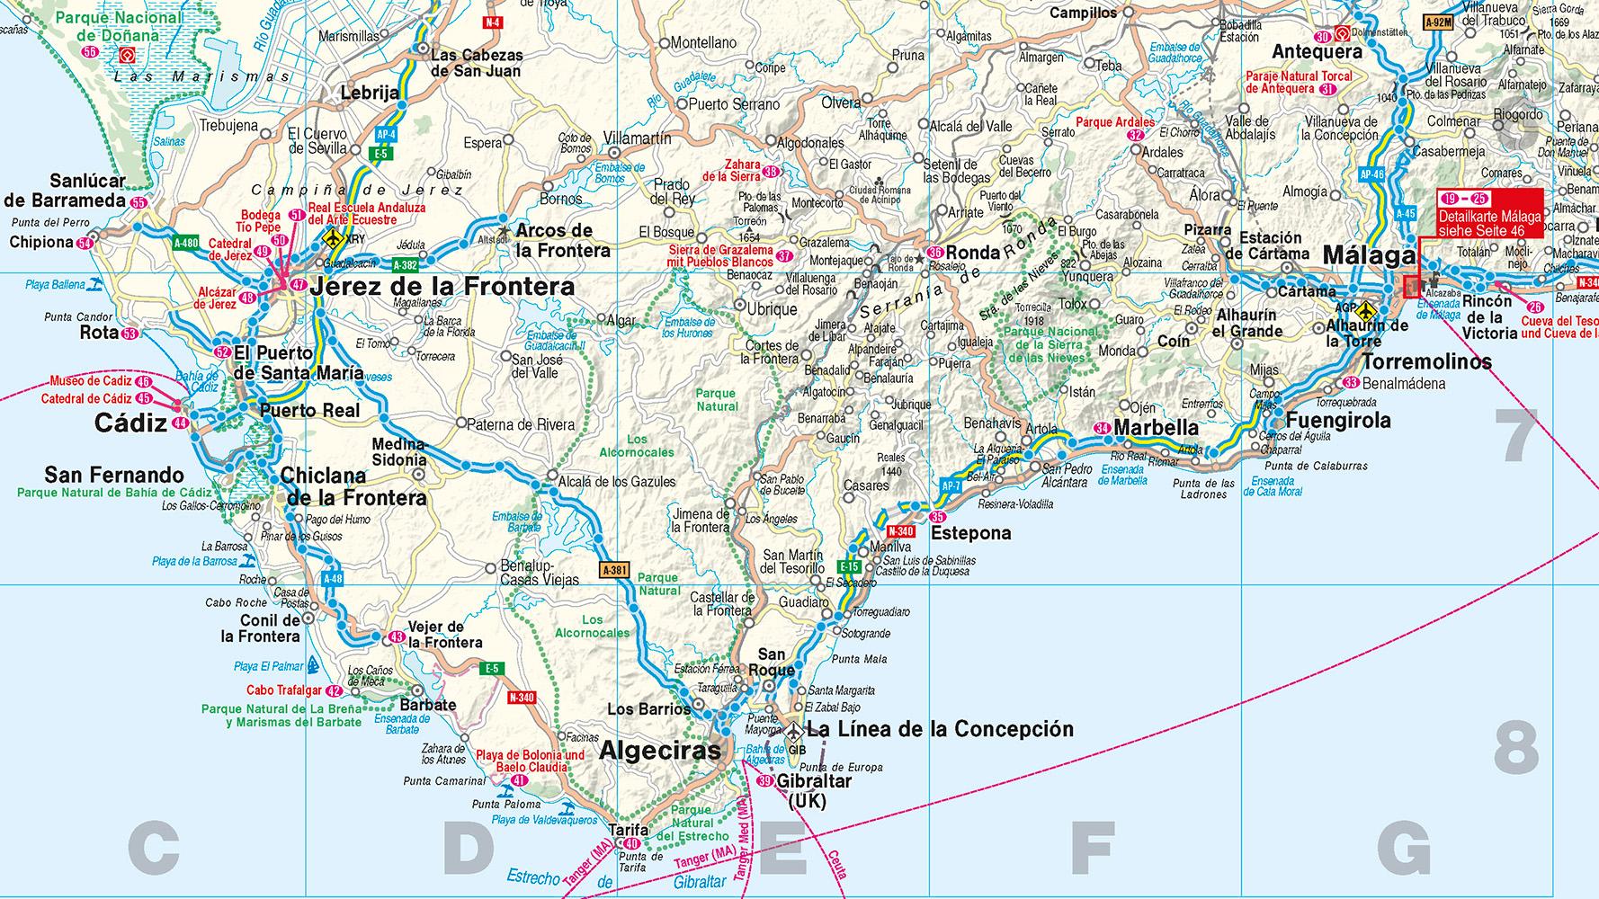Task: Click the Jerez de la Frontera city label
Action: coord(441,288)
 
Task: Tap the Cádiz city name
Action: coord(132,423)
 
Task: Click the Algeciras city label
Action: coord(659,751)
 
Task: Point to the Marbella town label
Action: coord(1156,429)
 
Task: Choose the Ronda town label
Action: coord(973,253)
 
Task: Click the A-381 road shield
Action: coord(615,570)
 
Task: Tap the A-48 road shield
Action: coord(332,579)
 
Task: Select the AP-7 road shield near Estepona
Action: coord(951,486)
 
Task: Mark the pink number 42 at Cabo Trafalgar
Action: coord(334,691)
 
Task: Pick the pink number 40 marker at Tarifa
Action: coord(634,844)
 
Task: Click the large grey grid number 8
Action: coord(1516,750)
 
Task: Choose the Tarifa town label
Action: coord(627,830)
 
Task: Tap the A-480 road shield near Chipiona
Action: coord(187,243)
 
